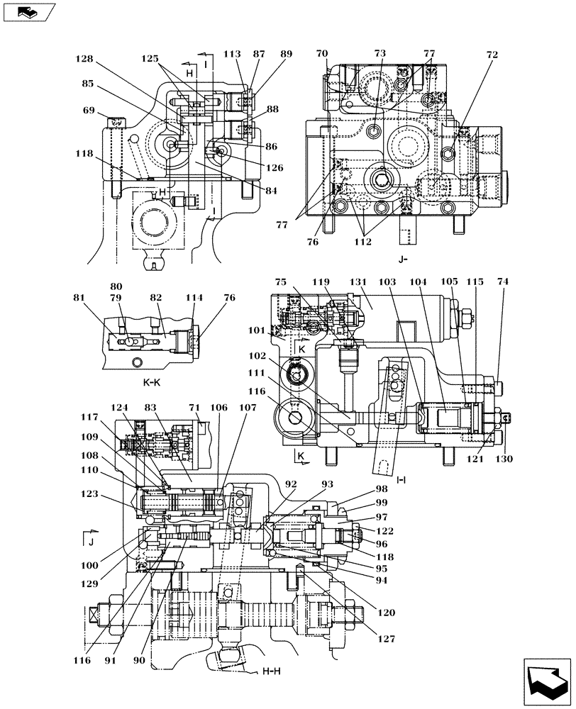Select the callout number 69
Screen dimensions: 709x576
[87, 111]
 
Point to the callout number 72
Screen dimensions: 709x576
[492, 55]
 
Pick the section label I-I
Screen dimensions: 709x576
[401, 479]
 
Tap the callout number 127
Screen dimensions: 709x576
[384, 639]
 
